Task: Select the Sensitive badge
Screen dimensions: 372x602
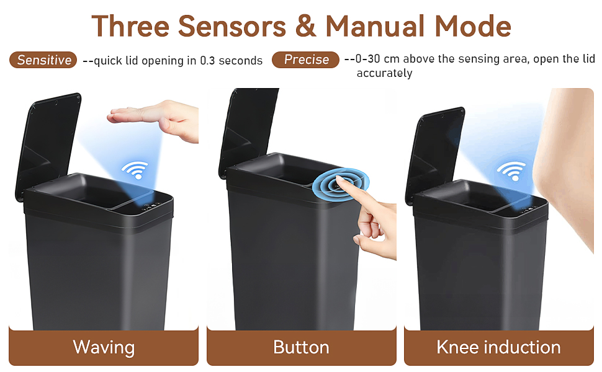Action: click(x=43, y=60)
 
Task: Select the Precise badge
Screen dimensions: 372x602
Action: click(x=306, y=60)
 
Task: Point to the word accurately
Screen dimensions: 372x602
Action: click(x=384, y=74)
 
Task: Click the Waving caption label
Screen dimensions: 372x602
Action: click(x=104, y=347)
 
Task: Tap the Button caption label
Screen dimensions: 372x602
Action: click(x=301, y=347)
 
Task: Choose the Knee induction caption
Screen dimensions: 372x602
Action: click(x=498, y=347)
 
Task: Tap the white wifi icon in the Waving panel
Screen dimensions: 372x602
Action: click(x=134, y=169)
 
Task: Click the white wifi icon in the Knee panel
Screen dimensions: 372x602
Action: click(x=511, y=170)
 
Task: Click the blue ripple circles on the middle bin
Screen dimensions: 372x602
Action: click(x=337, y=184)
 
